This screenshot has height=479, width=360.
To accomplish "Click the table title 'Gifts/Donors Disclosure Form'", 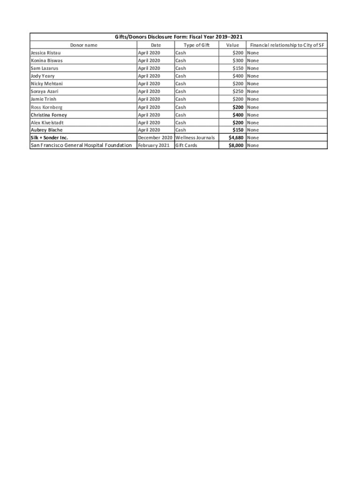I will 179,37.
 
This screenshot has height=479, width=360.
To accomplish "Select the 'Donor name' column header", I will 84,45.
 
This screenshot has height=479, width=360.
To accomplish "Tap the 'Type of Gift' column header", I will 196,45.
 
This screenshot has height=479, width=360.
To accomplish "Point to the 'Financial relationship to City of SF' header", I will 288,45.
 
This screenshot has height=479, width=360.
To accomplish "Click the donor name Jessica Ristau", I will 45,53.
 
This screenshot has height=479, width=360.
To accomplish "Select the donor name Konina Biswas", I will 47,60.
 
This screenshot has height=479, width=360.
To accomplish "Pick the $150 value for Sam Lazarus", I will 238,68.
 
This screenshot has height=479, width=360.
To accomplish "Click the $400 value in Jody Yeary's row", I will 238,76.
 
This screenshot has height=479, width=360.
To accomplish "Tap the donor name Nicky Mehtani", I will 47,84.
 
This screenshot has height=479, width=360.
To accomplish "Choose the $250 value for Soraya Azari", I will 238,91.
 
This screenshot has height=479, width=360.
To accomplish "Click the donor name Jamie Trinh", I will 43,99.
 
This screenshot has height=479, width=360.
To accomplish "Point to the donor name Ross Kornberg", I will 46,107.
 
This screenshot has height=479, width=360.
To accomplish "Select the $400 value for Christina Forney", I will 238,115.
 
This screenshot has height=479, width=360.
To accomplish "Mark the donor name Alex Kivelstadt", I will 47,123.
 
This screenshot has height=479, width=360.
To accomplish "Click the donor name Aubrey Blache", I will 46,130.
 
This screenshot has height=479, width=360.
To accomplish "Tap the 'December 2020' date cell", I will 155,138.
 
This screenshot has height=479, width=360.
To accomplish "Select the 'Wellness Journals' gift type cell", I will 195,138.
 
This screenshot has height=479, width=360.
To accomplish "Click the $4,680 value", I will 236,138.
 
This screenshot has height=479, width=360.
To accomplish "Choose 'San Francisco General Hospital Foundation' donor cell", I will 81,145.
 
